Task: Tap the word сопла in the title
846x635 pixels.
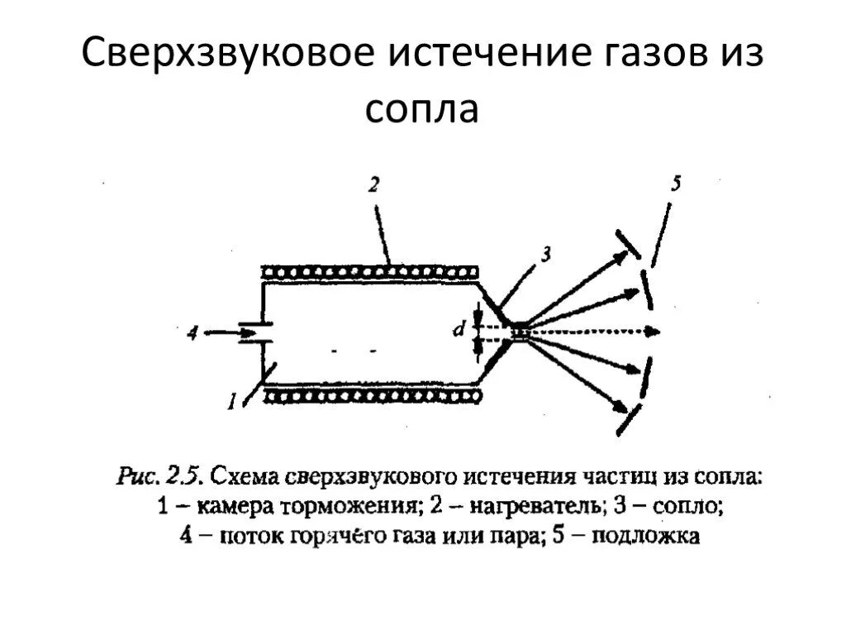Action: [422, 109]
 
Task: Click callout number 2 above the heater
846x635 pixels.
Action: [373, 187]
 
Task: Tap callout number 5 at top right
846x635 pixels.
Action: [676, 185]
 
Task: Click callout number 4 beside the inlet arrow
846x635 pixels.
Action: [192, 333]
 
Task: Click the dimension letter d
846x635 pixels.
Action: [456, 332]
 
